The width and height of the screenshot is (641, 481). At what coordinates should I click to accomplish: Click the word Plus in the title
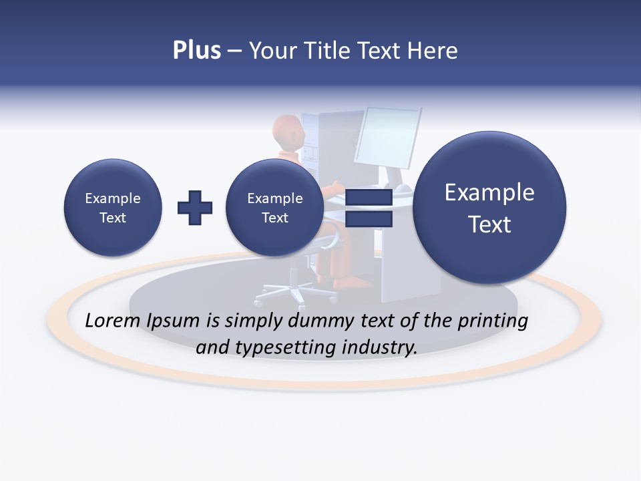click(196, 51)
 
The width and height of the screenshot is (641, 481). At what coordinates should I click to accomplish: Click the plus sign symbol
click(195, 208)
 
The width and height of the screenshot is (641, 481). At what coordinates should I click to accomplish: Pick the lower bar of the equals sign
click(369, 219)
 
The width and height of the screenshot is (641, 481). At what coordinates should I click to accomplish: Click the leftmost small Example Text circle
click(113, 208)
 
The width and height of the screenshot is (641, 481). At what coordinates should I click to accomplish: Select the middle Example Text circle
click(274, 208)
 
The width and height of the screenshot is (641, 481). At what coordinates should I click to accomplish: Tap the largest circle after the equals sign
click(489, 208)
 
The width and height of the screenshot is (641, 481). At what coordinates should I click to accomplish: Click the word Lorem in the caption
click(114, 321)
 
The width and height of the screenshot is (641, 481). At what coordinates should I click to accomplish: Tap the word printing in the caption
click(492, 321)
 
